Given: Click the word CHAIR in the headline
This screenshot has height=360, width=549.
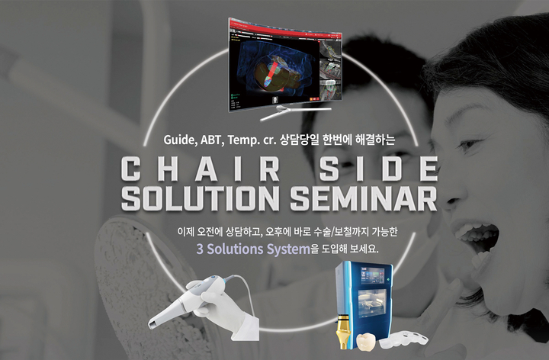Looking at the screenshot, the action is click(201, 169).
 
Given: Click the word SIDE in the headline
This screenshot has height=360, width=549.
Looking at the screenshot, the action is click(379, 169).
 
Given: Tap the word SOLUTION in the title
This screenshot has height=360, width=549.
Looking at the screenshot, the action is click(201, 198).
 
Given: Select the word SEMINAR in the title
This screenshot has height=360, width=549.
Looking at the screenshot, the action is click(364, 198).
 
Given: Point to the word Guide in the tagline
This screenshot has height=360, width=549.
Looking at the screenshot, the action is click(179, 140).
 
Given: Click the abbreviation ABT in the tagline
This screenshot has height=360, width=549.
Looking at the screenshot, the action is click(211, 140).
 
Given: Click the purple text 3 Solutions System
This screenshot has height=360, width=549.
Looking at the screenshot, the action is click(253, 249).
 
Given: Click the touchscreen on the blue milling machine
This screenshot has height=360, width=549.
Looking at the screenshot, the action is click(372, 275).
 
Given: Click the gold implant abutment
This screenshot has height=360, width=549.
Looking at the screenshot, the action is click(344, 331).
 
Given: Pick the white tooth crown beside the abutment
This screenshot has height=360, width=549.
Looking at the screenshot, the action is click(365, 342).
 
